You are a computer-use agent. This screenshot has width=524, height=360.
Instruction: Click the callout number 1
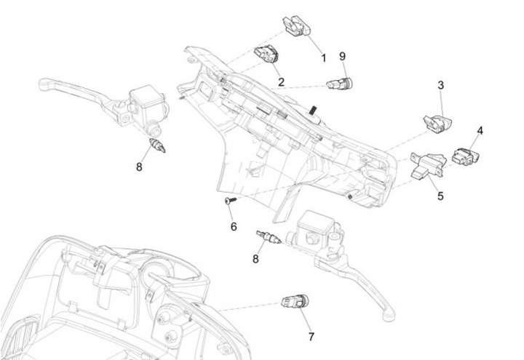click(323, 58)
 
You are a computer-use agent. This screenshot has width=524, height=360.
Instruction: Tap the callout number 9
click(342, 57)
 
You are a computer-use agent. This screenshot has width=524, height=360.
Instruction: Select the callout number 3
click(441, 85)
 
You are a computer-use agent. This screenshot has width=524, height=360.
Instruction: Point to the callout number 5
click(440, 196)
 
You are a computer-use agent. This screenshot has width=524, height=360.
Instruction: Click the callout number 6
click(234, 226)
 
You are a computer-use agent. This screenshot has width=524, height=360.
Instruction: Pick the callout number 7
click(311, 337)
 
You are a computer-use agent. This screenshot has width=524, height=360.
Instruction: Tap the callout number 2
click(281, 81)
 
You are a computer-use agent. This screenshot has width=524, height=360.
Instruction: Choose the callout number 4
click(480, 131)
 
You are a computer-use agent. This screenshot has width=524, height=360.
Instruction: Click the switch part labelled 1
click(297, 26)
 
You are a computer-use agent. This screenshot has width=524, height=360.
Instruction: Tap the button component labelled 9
click(340, 83)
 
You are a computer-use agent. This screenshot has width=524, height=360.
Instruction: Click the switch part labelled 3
click(437, 124)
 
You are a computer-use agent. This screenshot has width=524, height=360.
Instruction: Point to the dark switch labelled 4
click(465, 156)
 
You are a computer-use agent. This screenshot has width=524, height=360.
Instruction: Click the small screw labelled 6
click(231, 200)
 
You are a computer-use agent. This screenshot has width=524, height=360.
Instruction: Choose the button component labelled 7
click(295, 302)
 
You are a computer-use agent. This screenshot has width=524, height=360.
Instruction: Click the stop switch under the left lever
click(158, 145)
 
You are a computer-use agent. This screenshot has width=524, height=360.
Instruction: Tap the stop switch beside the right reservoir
click(268, 237)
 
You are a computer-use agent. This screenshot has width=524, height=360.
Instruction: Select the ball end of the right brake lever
click(389, 315)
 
